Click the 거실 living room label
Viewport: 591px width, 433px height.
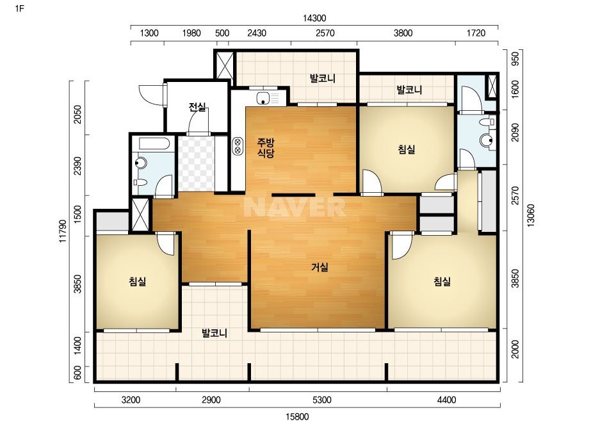coord(320,267)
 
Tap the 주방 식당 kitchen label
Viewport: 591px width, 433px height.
coord(266,148)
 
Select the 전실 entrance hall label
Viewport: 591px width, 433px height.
coord(197,107)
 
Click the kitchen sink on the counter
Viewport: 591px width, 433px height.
coord(263,99)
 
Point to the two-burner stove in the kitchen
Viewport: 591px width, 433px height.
coord(238,146)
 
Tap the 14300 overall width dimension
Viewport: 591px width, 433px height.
coord(314,18)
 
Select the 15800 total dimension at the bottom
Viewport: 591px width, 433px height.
coord(297,417)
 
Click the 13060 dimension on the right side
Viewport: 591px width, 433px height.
coord(531,215)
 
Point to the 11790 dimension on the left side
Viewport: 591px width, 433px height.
coord(63,231)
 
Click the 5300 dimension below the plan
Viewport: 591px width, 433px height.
coord(322,400)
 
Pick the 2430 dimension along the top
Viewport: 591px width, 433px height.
coord(257,33)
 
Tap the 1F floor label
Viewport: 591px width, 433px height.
coord(20,8)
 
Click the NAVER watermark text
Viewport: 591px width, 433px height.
coord(295,207)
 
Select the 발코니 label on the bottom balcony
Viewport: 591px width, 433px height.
coord(214,334)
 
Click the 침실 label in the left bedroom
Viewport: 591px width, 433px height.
coord(137,281)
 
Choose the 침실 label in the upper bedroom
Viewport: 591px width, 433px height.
coord(407,149)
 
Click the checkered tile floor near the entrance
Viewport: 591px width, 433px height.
coord(196,164)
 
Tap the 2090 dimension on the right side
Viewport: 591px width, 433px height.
coord(515,133)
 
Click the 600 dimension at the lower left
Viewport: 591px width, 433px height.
coord(77,374)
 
